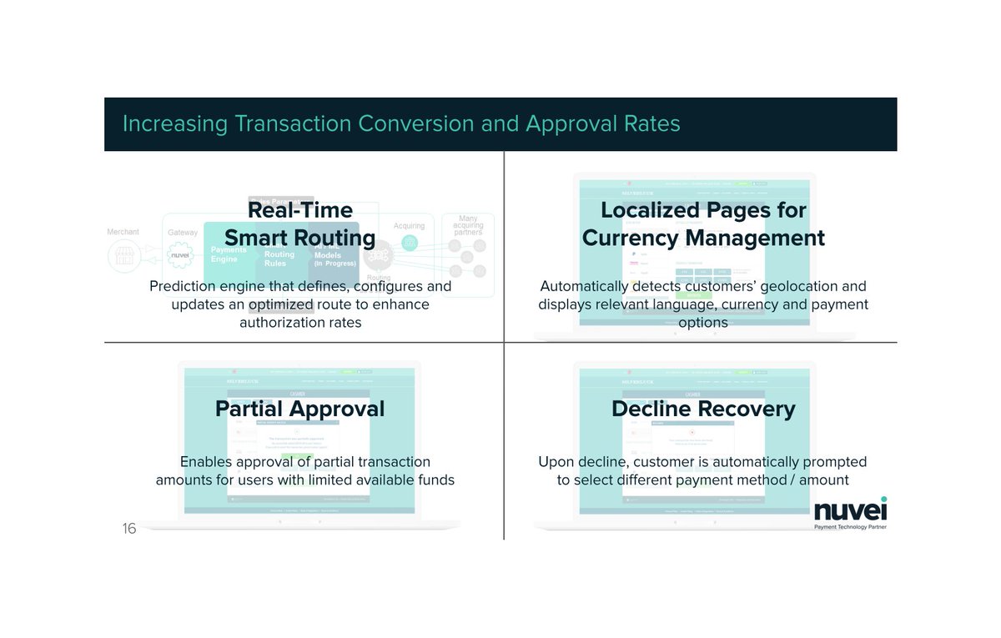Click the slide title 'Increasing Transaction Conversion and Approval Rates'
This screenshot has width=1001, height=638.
pos(401,124)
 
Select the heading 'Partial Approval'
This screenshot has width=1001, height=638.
pos(299,409)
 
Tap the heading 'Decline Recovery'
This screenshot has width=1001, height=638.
pos(703,409)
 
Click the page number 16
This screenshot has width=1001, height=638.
pos(129,529)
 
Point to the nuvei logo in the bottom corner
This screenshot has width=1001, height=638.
pos(850,510)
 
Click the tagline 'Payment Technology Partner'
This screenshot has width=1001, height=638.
pos(850,528)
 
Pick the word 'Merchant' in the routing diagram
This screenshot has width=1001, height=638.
pos(123,232)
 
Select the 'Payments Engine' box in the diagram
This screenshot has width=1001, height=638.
pos(228,254)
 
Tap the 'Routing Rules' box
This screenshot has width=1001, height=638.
pos(279,259)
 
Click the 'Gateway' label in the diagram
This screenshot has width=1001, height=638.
pos(183,233)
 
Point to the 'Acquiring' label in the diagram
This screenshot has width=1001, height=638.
pos(409,226)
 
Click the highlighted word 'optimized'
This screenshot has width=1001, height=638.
pos(281,304)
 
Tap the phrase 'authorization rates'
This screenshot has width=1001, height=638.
pos(300,322)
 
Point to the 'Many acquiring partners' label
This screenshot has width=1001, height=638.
pos(468,225)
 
